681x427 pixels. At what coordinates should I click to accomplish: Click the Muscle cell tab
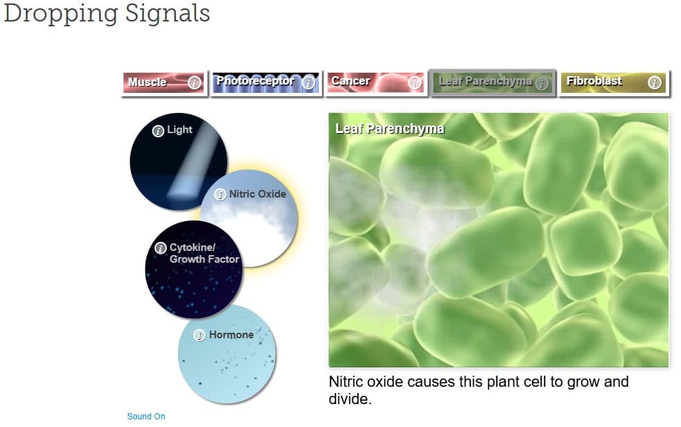point(164,82)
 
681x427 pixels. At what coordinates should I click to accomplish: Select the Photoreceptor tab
point(266,82)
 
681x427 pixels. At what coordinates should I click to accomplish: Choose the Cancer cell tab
point(376,82)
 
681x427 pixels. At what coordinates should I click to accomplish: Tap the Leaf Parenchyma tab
point(493,82)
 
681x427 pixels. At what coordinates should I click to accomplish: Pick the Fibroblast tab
point(613,82)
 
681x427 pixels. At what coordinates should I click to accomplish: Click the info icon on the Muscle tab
point(194,82)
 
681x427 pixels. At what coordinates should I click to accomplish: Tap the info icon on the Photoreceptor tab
point(308,82)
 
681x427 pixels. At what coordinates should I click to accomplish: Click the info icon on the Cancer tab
point(414,82)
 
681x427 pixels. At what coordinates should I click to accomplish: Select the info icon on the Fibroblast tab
point(654,82)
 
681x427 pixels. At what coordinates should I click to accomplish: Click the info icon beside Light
point(158,130)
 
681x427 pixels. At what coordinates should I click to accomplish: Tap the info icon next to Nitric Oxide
point(220,194)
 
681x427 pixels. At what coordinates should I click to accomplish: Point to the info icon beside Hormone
point(200,335)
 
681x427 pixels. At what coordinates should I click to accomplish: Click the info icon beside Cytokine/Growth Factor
point(161,247)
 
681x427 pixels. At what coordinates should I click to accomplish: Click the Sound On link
point(146,416)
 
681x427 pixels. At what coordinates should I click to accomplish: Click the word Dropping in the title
point(61,14)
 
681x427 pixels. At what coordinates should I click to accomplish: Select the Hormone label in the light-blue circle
point(231,335)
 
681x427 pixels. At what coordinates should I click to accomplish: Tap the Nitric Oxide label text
point(257,193)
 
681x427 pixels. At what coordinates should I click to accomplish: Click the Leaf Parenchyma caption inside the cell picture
point(389,128)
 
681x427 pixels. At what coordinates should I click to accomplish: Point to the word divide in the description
point(350,399)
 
